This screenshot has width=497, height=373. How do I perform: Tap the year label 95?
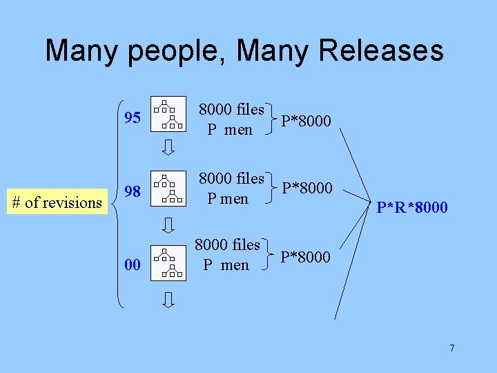tap(133, 118)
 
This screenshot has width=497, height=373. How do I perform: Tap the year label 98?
tap(133, 191)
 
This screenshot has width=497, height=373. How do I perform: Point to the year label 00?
tap(133, 265)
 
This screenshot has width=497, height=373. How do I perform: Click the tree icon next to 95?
tap(168, 113)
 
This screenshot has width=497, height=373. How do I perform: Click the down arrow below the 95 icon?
tap(168, 147)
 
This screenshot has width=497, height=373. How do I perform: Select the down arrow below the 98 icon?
tap(168, 224)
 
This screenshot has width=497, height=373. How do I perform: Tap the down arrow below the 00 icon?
tap(168, 299)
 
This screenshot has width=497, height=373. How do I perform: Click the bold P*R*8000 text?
tap(412, 207)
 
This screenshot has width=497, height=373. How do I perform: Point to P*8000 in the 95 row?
tap(306, 122)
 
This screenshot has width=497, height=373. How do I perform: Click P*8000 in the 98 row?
tap(306, 188)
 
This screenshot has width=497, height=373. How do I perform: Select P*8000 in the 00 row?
tap(306, 258)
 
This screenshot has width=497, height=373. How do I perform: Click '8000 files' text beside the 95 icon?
tap(231, 109)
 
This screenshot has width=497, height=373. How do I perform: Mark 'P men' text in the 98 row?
tap(228, 199)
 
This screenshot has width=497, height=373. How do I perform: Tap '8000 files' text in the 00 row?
tap(227, 245)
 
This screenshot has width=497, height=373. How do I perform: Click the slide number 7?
tap(452, 348)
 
